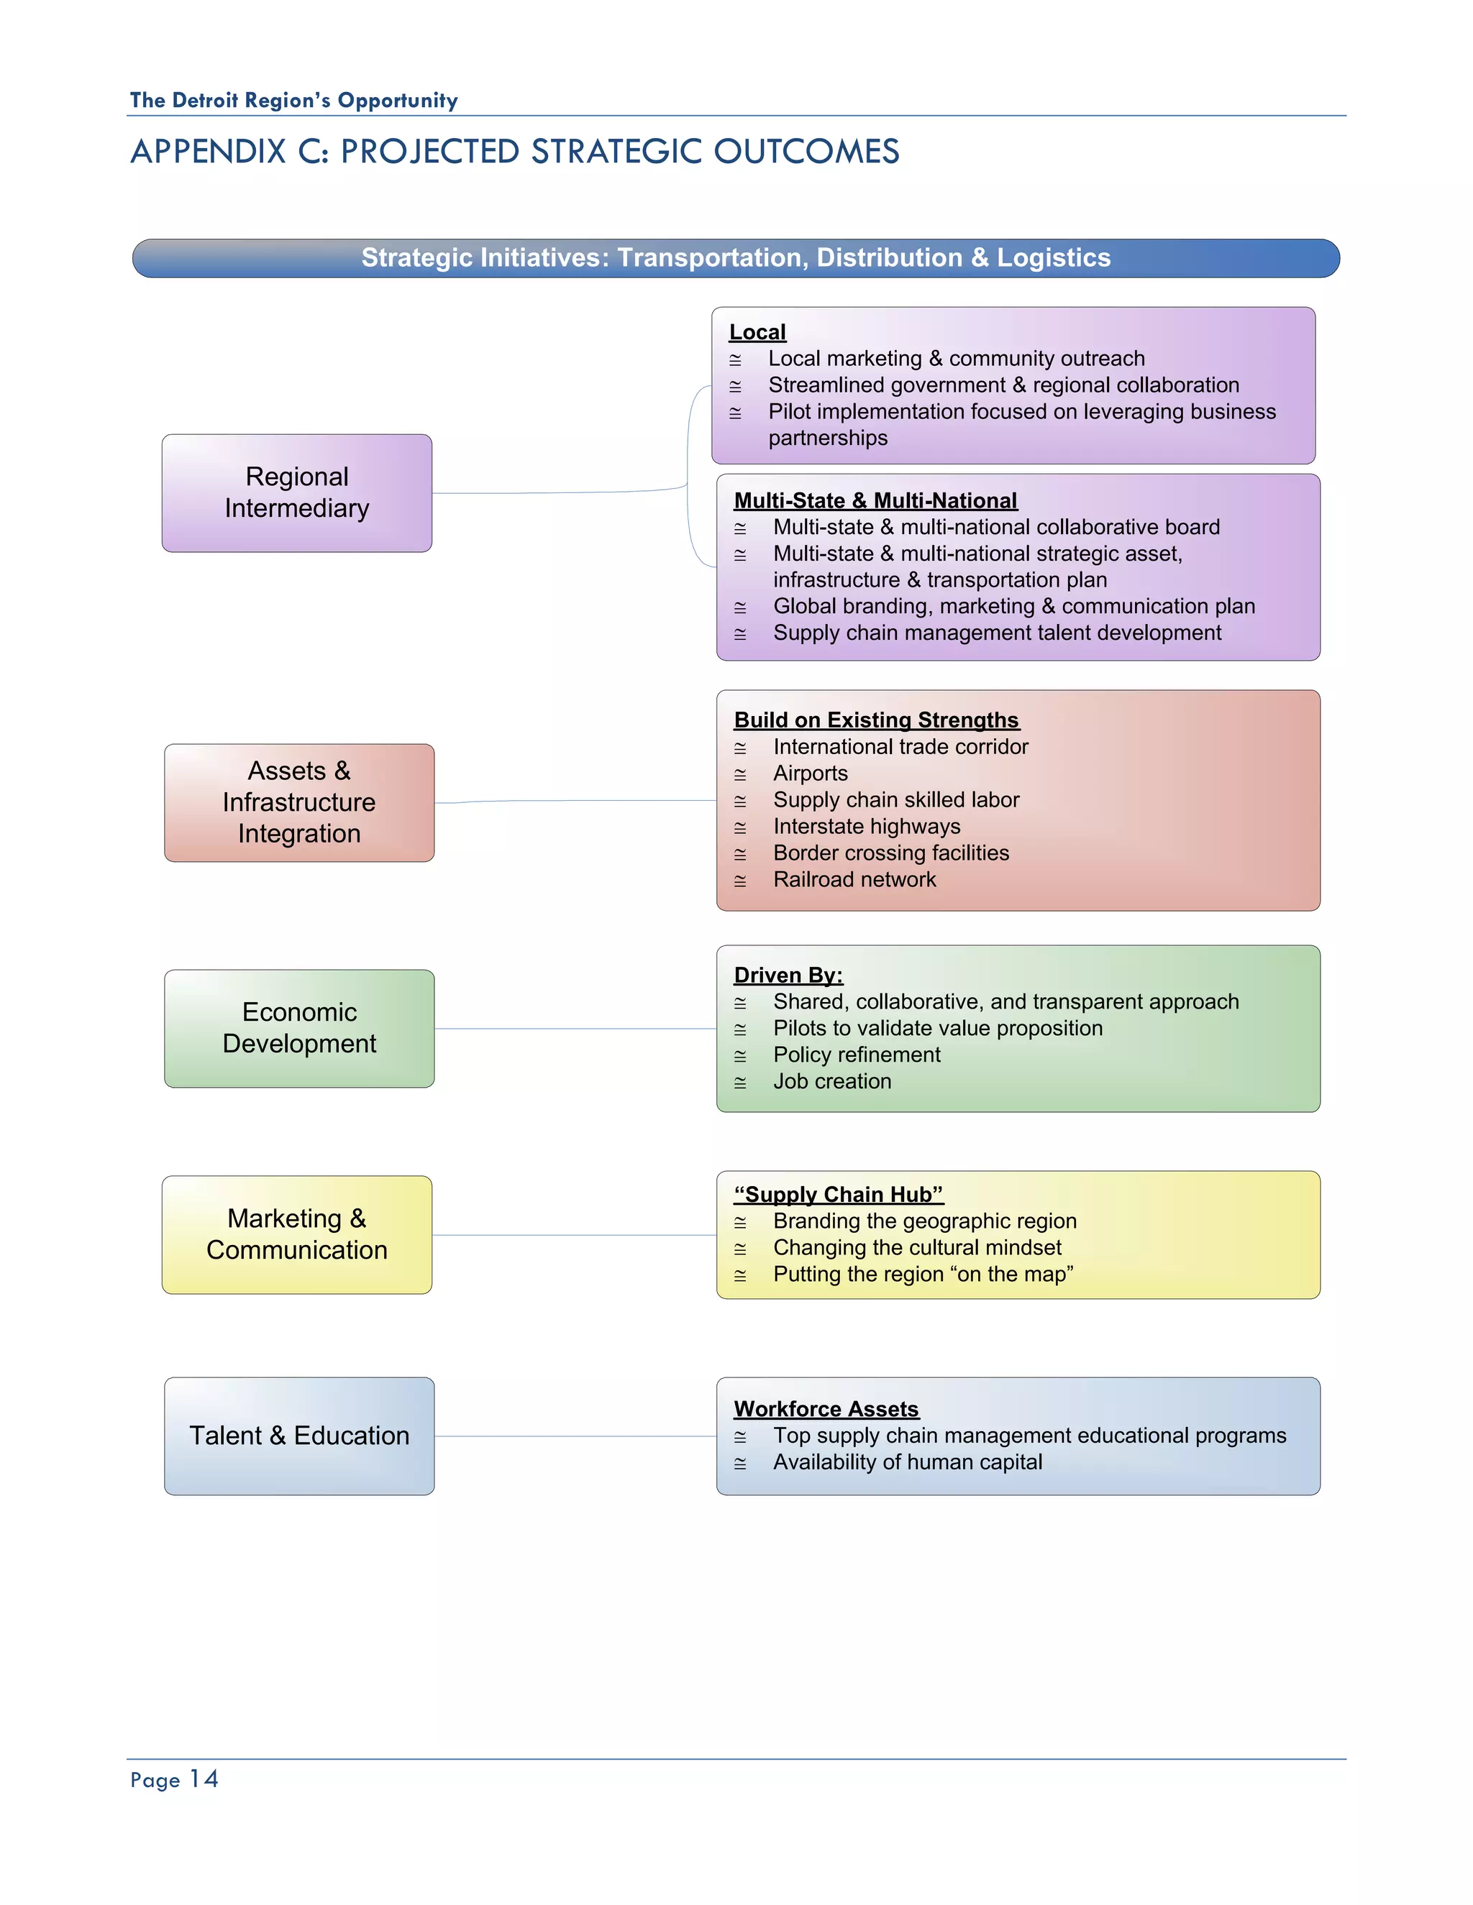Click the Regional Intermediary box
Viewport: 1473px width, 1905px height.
(x=297, y=493)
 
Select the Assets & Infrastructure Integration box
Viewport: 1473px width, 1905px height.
(x=299, y=802)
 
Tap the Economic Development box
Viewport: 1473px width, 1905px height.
(x=299, y=1029)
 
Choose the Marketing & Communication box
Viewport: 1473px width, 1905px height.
(x=297, y=1234)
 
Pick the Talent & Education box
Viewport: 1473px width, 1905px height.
(x=299, y=1436)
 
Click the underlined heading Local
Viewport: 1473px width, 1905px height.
(x=757, y=332)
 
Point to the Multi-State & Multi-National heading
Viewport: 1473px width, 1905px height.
(x=875, y=500)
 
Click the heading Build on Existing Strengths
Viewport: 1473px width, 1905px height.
(x=876, y=720)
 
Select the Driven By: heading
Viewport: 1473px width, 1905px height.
(x=788, y=976)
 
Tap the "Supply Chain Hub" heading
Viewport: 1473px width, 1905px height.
(x=839, y=1194)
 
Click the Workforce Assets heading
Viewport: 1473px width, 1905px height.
(x=826, y=1409)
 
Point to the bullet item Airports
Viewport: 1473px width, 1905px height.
(x=810, y=774)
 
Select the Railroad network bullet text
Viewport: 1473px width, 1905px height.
(x=854, y=879)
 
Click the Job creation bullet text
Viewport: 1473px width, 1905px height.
(x=831, y=1082)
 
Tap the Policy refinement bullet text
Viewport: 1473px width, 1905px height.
(x=856, y=1055)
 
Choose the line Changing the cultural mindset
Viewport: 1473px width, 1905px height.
(x=917, y=1247)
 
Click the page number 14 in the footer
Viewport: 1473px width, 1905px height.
(x=204, y=1779)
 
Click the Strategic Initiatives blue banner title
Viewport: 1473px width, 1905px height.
(x=736, y=258)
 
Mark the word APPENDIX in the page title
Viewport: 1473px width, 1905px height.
(x=208, y=152)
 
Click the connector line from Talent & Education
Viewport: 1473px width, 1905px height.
(x=576, y=1436)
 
